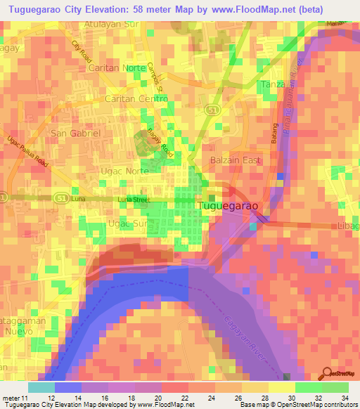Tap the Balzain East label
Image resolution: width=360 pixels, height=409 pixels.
[236, 160]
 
